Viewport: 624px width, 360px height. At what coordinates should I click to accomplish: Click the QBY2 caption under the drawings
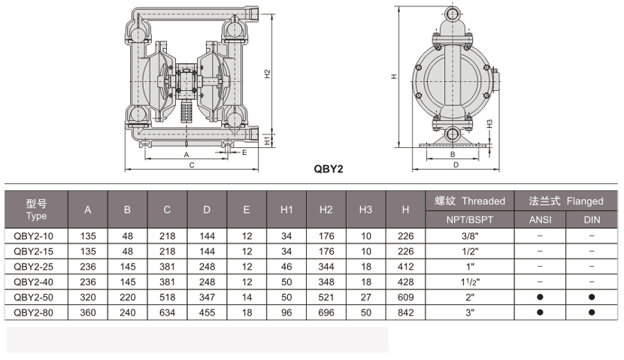pos(329,169)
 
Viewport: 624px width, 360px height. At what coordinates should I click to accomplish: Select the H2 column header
pos(326,210)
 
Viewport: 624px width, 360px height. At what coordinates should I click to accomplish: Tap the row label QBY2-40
pos(33,282)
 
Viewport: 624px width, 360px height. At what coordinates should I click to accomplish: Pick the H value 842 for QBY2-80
pos(405,313)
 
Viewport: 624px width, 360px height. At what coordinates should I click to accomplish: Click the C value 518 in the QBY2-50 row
pos(167,297)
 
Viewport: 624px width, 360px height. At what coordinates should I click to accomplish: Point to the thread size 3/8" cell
pos(470,236)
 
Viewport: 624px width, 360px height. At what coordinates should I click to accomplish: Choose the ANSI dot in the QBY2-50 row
pos(540,297)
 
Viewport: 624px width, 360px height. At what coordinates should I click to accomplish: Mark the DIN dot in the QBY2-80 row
pos(592,312)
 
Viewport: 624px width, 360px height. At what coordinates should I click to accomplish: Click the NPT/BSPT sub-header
pos(470,219)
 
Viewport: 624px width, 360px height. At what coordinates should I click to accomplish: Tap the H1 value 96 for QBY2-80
pos(286,313)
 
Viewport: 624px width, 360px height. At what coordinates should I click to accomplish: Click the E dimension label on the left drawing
pos(244,153)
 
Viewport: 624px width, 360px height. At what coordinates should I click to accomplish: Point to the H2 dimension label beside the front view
pos(268,74)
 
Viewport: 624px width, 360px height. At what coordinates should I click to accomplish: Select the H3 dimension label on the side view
pos(489,124)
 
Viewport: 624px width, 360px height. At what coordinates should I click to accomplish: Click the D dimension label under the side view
pos(456,165)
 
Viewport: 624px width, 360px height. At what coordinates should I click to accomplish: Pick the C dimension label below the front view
pos(192,165)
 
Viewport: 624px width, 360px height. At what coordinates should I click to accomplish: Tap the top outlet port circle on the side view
pos(453,15)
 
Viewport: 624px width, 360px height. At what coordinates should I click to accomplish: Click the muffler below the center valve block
pos(186,112)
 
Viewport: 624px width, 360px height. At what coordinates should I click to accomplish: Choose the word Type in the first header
pos(36,216)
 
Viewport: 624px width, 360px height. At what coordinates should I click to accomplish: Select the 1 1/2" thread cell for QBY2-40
pos(470,282)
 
